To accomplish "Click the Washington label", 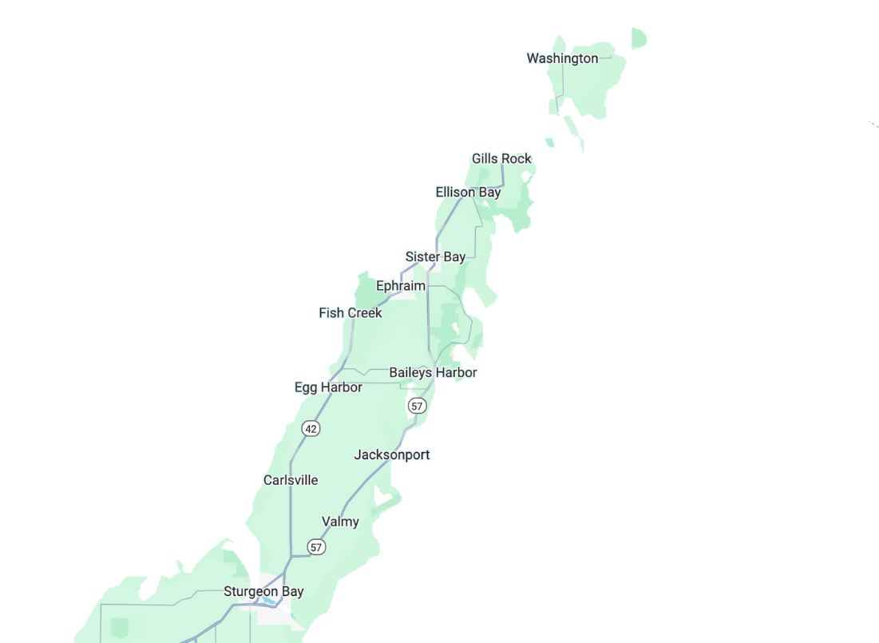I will (562, 58).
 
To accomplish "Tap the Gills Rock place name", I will (501, 159).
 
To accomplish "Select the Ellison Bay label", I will (468, 193).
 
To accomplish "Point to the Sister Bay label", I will (435, 257).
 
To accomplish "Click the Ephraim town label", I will (400, 286).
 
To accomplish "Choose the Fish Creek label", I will (350, 313).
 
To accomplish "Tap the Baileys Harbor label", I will (433, 373).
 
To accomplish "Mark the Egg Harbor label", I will (328, 387).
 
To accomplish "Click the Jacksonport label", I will (392, 455).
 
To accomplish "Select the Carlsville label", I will (291, 480).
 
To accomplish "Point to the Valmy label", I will (340, 522).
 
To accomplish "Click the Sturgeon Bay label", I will (263, 592).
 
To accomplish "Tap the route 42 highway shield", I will (311, 429).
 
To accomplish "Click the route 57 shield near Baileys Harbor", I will (416, 406).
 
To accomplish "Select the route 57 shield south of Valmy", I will (317, 547).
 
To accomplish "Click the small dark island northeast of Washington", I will (638, 38).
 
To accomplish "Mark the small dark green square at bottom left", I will (120, 627).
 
